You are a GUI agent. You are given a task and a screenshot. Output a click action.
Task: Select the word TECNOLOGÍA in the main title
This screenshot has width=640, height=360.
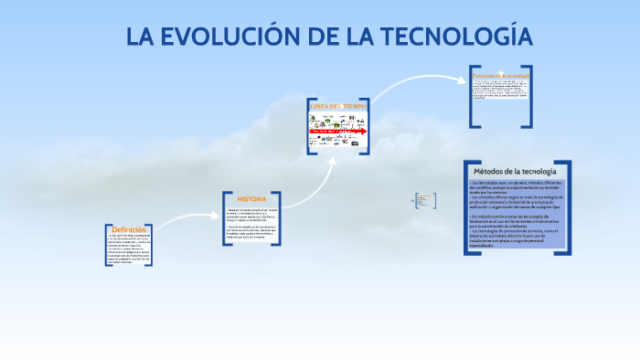tap(457, 37)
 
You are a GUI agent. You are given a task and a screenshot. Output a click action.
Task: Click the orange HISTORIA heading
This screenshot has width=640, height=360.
tap(251, 199)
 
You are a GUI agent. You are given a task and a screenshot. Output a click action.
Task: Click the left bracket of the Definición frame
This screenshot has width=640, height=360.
tap(107, 246)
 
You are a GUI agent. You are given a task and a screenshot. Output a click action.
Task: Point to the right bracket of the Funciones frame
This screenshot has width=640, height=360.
tap(529, 96)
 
